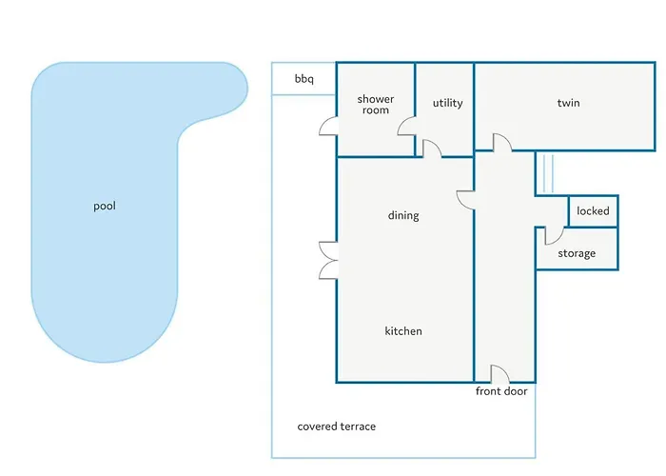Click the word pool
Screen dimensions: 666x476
[x=105, y=207]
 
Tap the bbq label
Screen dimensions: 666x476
[x=304, y=79]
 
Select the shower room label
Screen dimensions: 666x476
[x=376, y=105]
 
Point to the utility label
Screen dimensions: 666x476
[x=448, y=103]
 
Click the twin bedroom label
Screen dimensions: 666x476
[x=568, y=103]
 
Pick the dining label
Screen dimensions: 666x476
[x=403, y=215]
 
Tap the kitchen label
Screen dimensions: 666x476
[x=403, y=331]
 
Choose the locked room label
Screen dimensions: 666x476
[x=593, y=210]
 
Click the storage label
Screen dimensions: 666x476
[x=577, y=254]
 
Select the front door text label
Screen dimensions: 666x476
[x=501, y=391]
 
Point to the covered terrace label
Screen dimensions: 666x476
[x=337, y=426]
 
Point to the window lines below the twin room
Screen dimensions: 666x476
[x=548, y=174]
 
